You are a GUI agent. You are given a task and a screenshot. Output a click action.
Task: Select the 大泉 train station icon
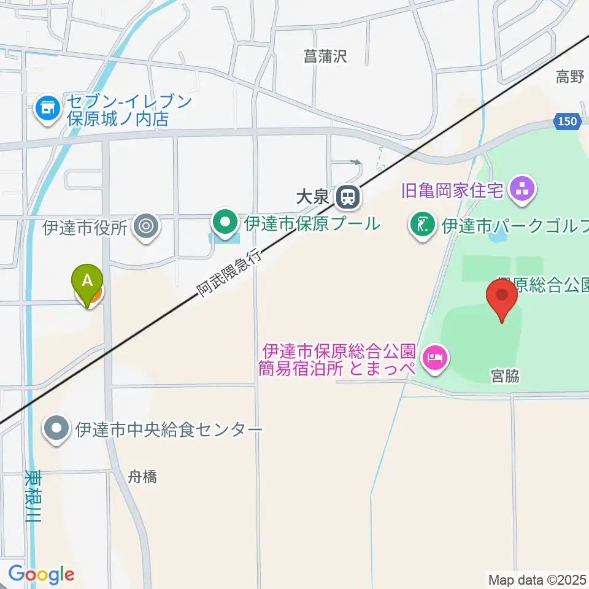pyautogui.click(x=348, y=198)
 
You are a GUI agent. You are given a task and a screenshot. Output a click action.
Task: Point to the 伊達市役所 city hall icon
pyautogui.click(x=146, y=228)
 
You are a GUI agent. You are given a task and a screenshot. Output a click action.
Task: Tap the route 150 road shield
pyautogui.click(x=568, y=121)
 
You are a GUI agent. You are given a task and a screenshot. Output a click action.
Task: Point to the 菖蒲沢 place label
pyautogui.click(x=325, y=57)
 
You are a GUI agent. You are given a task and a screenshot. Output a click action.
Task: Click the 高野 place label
pyautogui.click(x=569, y=77)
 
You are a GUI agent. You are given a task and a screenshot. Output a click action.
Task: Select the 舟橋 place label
pyautogui.click(x=142, y=476)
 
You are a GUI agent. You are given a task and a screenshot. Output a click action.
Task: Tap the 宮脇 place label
pyautogui.click(x=504, y=376)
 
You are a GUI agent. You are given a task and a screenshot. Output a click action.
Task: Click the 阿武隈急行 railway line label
pyautogui.click(x=229, y=274)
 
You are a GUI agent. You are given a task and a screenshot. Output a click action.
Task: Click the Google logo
pyautogui.click(x=41, y=574)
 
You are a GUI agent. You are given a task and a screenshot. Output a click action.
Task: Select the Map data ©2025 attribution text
pyautogui.click(x=537, y=579)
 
